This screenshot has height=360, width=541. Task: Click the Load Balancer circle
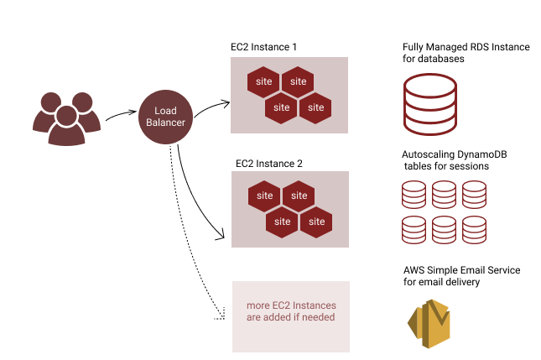(x=165, y=117)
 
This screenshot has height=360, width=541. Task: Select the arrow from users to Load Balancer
(x=122, y=116)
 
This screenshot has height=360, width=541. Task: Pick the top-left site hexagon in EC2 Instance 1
(x=264, y=81)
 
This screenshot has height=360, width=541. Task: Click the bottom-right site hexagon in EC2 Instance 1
(x=316, y=107)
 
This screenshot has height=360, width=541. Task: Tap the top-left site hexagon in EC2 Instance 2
(x=264, y=196)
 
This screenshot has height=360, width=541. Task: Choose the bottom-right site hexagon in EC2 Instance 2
(x=316, y=222)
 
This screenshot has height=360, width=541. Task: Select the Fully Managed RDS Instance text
(x=466, y=53)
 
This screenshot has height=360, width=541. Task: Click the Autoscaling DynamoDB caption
(x=453, y=160)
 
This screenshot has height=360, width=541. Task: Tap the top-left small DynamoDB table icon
(x=414, y=195)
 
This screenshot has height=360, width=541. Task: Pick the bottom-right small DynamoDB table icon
(x=475, y=229)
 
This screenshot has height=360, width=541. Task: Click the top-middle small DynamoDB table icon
(x=445, y=195)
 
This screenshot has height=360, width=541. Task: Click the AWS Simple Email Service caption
(x=460, y=276)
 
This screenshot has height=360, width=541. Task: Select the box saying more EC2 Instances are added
(x=290, y=311)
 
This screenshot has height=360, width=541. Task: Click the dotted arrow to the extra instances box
(x=179, y=227)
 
